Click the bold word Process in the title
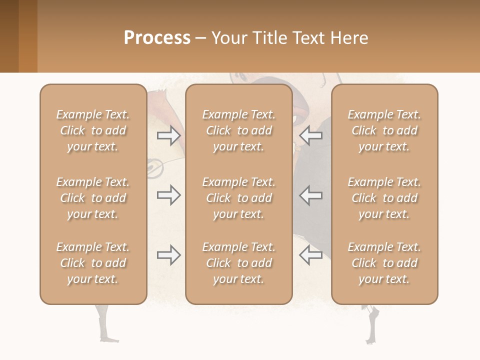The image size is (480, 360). pyautogui.click(x=157, y=38)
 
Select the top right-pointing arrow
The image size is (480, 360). pyautogui.click(x=168, y=135)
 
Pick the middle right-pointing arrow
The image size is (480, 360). pyautogui.click(x=168, y=195)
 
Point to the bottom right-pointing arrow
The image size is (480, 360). pyautogui.click(x=168, y=255)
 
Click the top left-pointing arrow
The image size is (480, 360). pyautogui.click(x=310, y=135)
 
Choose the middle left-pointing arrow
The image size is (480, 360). pyautogui.click(x=310, y=195)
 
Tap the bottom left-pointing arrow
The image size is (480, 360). pyautogui.click(x=310, y=255)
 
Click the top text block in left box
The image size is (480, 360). pyautogui.click(x=93, y=130)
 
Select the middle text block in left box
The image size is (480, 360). pyautogui.click(x=93, y=198)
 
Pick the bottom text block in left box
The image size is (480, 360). pyautogui.click(x=93, y=263)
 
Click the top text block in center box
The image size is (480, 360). pyautogui.click(x=238, y=130)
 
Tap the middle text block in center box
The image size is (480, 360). pyautogui.click(x=238, y=198)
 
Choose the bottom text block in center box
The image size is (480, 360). pyautogui.click(x=238, y=263)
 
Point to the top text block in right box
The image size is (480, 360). pyautogui.click(x=384, y=130)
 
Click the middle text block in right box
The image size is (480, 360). pyautogui.click(x=384, y=198)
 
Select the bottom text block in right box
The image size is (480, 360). pyautogui.click(x=384, y=263)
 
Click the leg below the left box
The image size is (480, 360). pyautogui.click(x=103, y=322)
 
